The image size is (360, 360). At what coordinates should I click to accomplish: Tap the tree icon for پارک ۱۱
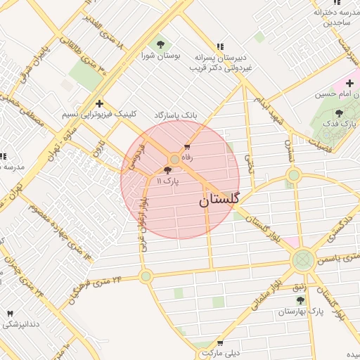click(167, 170)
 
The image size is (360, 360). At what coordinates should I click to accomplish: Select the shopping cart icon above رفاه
click(186, 147)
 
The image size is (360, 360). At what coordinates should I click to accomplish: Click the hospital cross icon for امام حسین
click(349, 84)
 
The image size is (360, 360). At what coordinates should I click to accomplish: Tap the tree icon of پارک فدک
click(340, 112)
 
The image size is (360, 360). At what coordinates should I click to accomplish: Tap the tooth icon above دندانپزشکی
click(10, 314)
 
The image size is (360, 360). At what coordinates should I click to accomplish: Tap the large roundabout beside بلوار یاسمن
click(303, 259)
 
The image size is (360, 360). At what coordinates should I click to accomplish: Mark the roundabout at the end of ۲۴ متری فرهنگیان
click(146, 276)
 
